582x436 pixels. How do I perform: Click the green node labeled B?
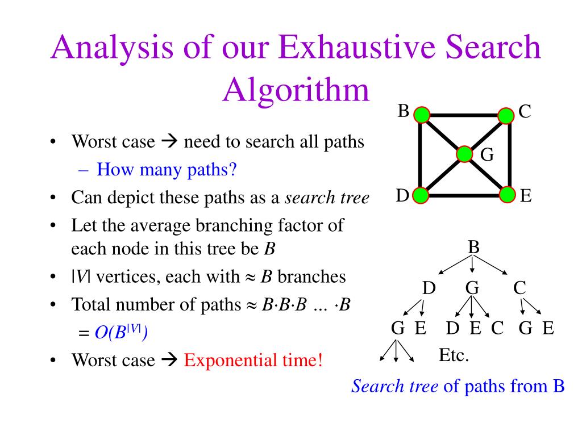[422, 115]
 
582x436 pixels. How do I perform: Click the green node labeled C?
[506, 115]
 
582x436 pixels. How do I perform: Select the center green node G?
[464, 154]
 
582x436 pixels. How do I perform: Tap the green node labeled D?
[421, 196]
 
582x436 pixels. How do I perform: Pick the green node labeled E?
[507, 196]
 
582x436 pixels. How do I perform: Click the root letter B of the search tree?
[473, 248]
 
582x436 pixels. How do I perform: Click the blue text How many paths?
[166, 169]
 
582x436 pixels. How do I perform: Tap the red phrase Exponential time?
[253, 360]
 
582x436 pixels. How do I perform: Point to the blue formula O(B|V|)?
[120, 333]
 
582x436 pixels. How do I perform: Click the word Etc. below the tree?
[454, 356]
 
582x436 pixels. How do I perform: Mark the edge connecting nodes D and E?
[464, 196]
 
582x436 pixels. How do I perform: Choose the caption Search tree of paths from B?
[458, 387]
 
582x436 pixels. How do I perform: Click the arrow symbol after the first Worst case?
[169, 141]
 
